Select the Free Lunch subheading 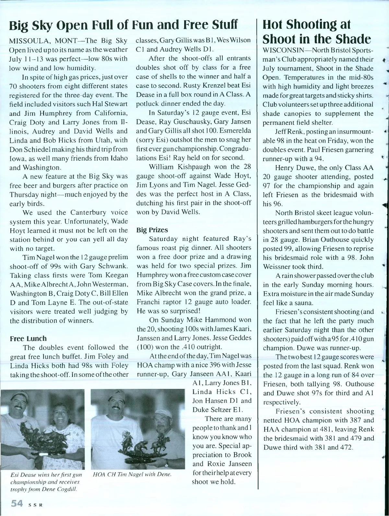pyautogui.click(x=28, y=338)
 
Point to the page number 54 pyautogui.click(x=17, y=503)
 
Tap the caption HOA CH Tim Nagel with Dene pyautogui.click(x=132, y=474)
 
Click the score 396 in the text pyautogui.click(x=201, y=364)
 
